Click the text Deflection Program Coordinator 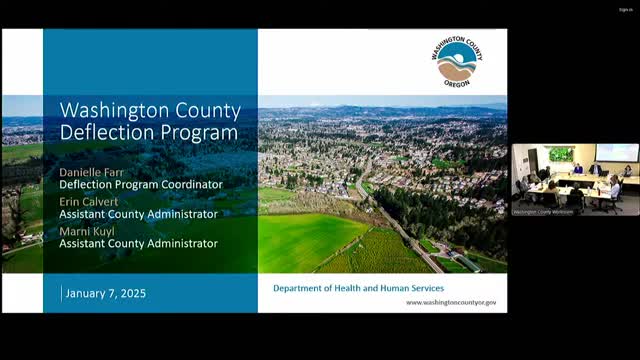coord(141,184)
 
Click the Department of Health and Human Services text coord(358,288)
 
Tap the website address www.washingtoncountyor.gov coord(450,302)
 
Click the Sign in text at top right coord(625,10)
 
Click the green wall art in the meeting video coord(561,154)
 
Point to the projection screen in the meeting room coord(616,153)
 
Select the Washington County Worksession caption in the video coord(542,211)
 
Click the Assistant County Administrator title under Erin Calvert coord(138,213)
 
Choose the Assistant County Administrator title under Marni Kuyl coord(138,242)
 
